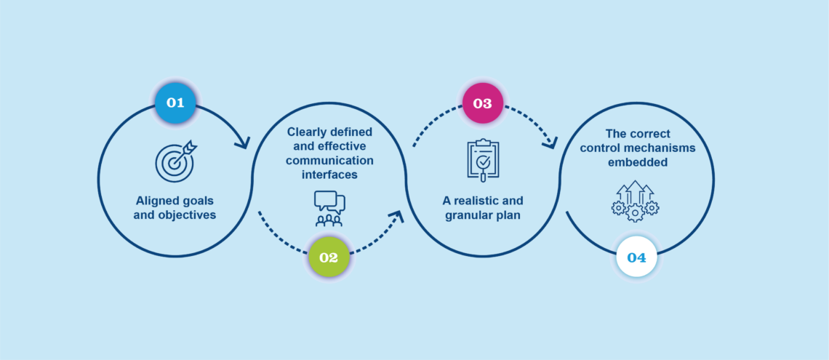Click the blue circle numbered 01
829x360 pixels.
click(175, 103)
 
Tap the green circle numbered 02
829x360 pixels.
click(328, 257)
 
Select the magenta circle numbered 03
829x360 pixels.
click(482, 103)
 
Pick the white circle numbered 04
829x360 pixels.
click(636, 258)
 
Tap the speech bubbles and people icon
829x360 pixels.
click(329, 208)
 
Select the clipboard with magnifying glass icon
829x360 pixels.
click(483, 160)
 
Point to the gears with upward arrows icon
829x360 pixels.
click(635, 201)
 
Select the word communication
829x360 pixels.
click(328, 160)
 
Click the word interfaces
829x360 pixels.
click(328, 174)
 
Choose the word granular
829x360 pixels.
click(467, 215)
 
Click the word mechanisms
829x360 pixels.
click(663, 148)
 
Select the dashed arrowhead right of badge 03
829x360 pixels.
click(550, 141)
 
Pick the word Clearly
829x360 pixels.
click(306, 132)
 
